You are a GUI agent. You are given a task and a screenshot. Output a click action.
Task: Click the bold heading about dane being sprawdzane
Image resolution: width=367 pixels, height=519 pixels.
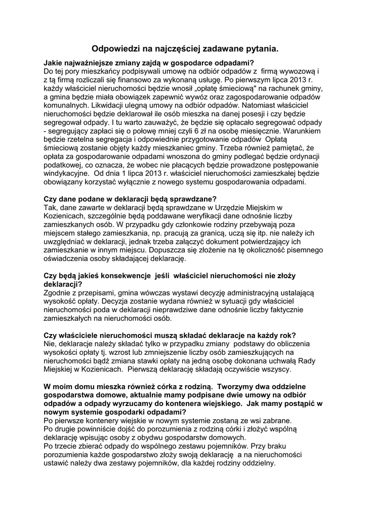[x=131, y=198]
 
